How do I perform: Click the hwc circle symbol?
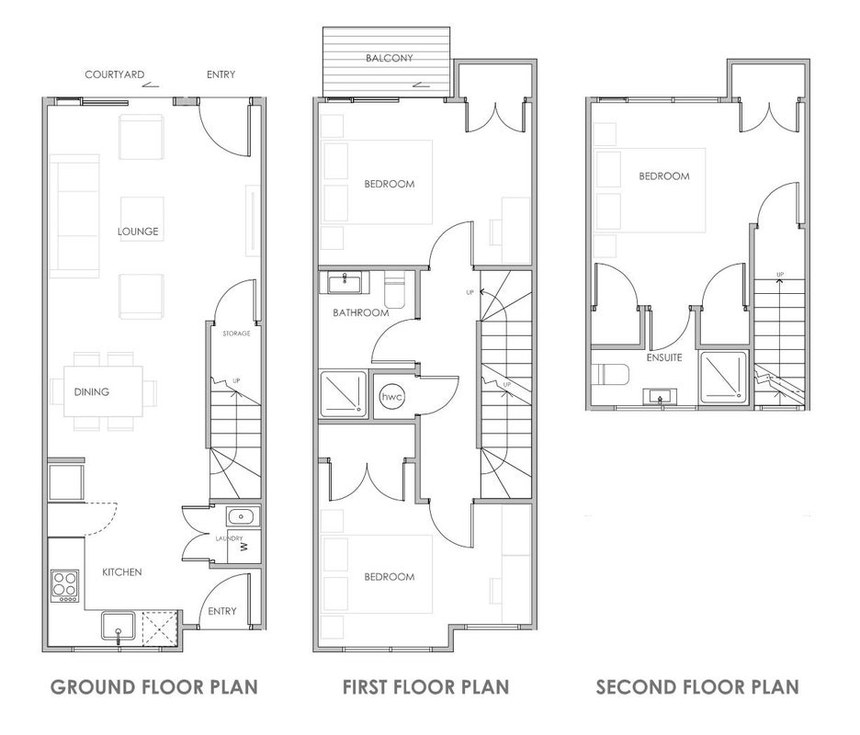[x=392, y=396]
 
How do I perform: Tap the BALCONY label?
[x=390, y=58]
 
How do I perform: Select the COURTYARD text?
[x=115, y=74]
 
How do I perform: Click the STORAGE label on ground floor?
[x=236, y=334]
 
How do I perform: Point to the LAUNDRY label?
[x=229, y=538]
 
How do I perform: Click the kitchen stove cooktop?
[x=64, y=586]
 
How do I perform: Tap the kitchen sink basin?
[x=118, y=627]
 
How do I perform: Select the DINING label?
[x=92, y=391]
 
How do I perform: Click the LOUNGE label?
[x=138, y=232]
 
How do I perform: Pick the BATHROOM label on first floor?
[x=361, y=312]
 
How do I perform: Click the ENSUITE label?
[x=664, y=357]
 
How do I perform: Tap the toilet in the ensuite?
[x=611, y=375]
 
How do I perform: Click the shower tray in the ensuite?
[x=723, y=375]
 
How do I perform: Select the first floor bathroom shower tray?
[x=344, y=394]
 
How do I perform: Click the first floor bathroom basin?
[x=345, y=284]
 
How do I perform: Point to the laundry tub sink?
[x=242, y=516]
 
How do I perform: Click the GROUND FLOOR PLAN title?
[x=154, y=686]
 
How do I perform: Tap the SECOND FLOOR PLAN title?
[x=697, y=686]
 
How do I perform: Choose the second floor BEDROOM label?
[x=664, y=176]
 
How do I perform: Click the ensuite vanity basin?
[x=661, y=396]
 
